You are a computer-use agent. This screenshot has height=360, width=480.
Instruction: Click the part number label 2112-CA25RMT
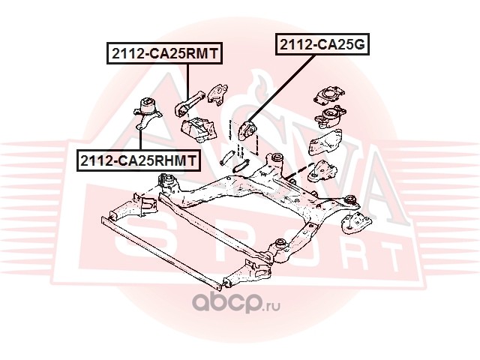(x=164, y=53)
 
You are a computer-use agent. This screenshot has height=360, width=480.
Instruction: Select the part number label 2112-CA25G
(x=322, y=45)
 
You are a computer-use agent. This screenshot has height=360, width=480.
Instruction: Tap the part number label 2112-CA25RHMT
(x=138, y=160)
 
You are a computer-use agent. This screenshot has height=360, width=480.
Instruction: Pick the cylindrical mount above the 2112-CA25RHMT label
(x=147, y=112)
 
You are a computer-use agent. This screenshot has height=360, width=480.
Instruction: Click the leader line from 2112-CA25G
(x=281, y=88)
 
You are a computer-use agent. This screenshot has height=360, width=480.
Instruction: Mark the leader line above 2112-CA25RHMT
(x=139, y=140)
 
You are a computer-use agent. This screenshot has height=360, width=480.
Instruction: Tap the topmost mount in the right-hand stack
(x=329, y=94)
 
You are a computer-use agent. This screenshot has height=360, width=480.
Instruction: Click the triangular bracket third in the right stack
(x=325, y=142)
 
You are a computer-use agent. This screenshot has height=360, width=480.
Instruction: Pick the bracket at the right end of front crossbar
(x=247, y=274)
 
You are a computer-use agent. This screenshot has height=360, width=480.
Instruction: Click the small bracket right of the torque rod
(x=217, y=94)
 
